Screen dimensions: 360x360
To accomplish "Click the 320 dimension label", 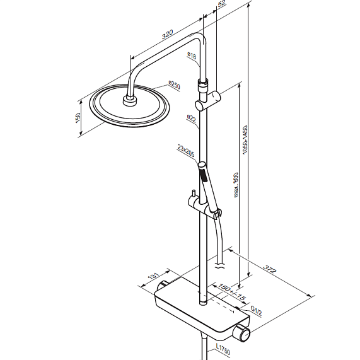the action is pos(167,34).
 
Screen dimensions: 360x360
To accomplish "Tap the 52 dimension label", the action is pos(221,4).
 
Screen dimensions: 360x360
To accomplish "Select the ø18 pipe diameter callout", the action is pos(192,55).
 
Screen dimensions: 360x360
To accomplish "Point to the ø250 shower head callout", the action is pos(174,85).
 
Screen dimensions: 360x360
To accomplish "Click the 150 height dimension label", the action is pos(78,117).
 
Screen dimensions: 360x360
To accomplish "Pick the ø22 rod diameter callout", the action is pos(191,119).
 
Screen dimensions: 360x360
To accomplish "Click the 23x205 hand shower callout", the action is pos(186,151).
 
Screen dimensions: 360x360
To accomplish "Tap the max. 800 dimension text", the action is pos(236,185).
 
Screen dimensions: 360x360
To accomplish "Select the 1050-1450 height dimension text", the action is pos(245,139).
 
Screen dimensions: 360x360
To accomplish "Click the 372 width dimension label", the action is pos(270,269).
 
